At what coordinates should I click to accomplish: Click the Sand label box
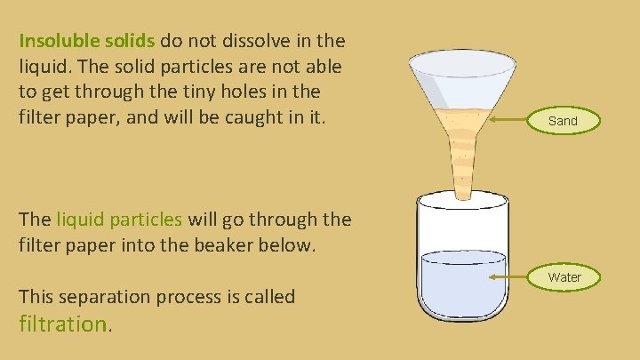[x=563, y=120]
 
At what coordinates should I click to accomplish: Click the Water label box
[x=564, y=277]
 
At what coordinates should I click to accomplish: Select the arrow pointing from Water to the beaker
[x=513, y=276]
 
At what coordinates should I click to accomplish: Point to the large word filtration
[x=62, y=324]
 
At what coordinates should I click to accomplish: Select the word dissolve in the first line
[x=246, y=41]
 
